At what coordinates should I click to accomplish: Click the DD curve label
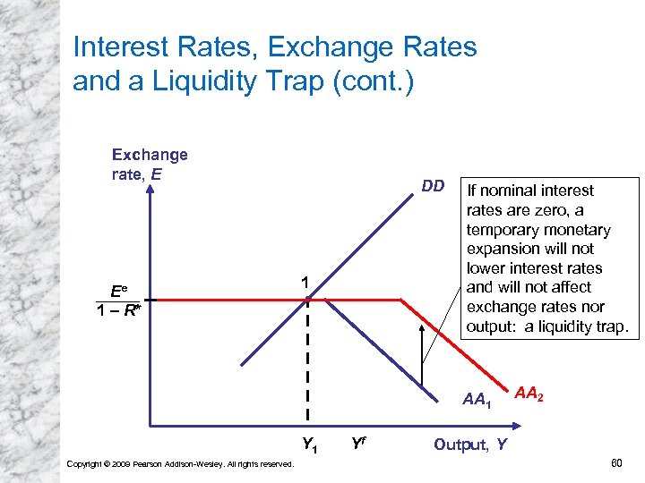pos(433,186)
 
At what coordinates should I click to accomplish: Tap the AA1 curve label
pos(477,399)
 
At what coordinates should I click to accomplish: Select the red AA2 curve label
pos(529,394)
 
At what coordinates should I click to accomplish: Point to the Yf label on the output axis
pos(358,442)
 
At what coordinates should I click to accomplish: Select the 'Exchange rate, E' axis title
pos(150,164)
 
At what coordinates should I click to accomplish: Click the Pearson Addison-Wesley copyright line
pos(180,463)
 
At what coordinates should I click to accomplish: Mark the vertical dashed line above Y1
pos(308,358)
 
